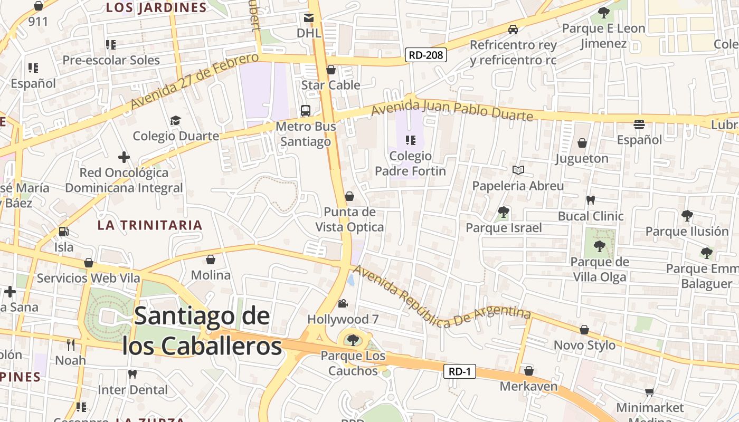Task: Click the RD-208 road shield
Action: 426,54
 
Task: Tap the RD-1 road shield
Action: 459,371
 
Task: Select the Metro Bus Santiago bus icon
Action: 305,111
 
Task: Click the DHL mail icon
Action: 309,18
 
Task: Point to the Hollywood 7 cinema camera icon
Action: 343,304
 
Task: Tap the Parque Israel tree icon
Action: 504,212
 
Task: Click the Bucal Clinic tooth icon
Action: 591,200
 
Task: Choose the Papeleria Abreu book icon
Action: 518,170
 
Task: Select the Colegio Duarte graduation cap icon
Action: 175,121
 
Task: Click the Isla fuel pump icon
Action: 63,231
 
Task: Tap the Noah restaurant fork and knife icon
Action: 71,345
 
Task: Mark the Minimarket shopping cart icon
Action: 649,392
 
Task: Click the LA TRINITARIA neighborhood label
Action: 150,225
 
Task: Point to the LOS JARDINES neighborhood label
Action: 156,7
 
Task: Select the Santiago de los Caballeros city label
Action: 202,331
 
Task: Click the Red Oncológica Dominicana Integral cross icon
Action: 124,157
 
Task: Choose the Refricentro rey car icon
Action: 513,30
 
